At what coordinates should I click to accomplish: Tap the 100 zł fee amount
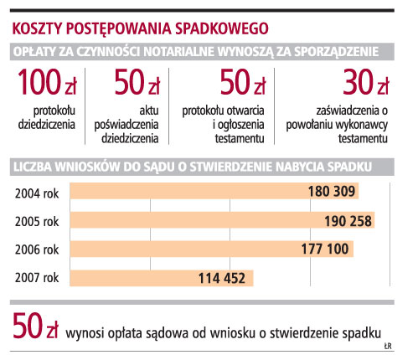coord(47,82)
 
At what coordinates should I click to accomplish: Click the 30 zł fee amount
coord(365,82)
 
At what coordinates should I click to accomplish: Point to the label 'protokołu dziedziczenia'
coord(47,117)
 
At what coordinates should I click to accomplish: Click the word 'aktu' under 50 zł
coord(149,111)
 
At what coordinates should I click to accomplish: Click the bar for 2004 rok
coord(214,191)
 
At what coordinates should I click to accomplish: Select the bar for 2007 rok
coord(162,278)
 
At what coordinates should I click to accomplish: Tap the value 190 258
coord(348,221)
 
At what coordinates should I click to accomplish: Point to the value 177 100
coord(325,249)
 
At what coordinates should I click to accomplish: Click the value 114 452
coord(222,278)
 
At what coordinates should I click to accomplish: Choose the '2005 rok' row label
coord(37,222)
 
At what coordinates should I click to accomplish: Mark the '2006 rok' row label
coord(37,249)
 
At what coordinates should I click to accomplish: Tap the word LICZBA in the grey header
coord(33,167)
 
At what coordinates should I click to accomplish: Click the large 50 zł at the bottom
coord(35,326)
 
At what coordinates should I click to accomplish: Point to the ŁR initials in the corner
coord(388,347)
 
